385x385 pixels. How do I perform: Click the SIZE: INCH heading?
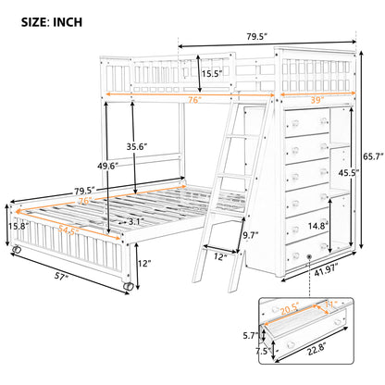click(52, 22)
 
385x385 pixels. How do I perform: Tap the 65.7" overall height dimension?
click(373, 156)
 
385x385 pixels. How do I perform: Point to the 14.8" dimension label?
click(318, 226)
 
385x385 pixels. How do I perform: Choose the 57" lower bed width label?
click(61, 277)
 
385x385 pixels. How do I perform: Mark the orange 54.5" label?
click(68, 230)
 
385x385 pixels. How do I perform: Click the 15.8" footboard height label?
click(19, 226)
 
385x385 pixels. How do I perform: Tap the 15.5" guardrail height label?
click(212, 74)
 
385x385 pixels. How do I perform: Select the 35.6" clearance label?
click(137, 146)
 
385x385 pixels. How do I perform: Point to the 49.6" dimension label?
click(108, 166)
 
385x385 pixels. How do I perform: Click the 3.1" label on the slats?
click(135, 221)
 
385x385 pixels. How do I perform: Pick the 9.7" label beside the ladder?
click(251, 236)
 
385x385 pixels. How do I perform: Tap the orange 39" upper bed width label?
click(317, 100)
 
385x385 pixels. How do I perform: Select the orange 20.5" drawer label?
click(290, 307)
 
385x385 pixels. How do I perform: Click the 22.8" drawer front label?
click(317, 349)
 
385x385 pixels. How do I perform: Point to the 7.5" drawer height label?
click(264, 351)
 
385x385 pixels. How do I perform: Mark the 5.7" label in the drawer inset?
click(251, 335)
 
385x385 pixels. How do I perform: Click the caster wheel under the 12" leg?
click(128, 286)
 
